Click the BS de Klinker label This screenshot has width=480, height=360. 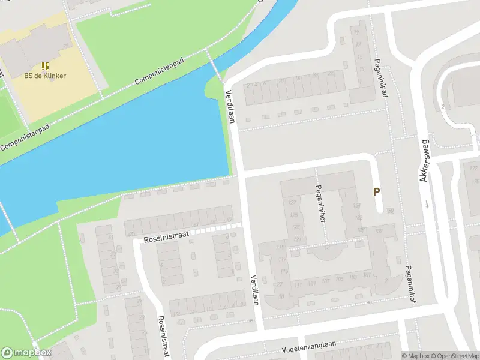(x=45, y=76)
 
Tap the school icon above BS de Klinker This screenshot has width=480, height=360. (x=45, y=65)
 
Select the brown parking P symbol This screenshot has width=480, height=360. (x=376, y=192)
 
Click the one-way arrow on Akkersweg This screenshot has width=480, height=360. (x=427, y=203)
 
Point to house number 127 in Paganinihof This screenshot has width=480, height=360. (x=293, y=202)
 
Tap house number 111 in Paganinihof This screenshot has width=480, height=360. (x=281, y=247)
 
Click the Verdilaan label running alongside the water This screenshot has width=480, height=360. (x=230, y=107)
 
